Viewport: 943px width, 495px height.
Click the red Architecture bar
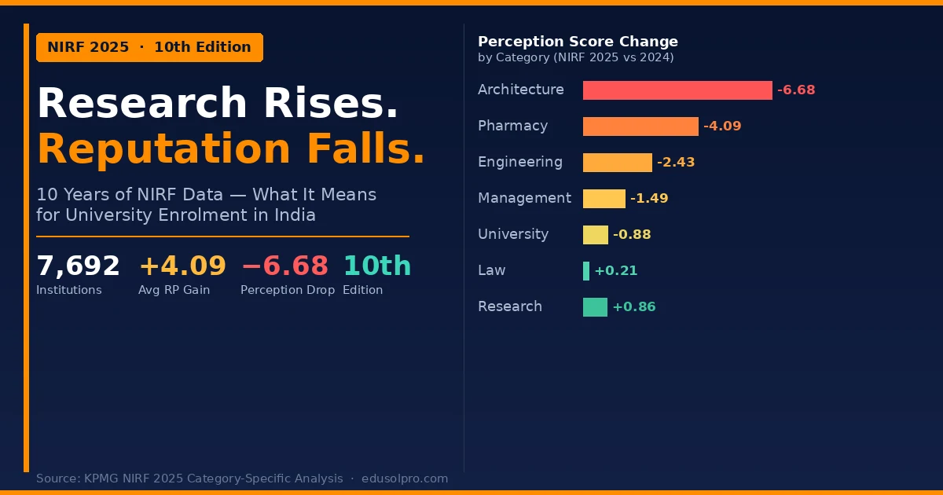coord(677,90)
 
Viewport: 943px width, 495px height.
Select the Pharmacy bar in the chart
coord(640,126)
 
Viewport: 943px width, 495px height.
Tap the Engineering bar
coord(617,163)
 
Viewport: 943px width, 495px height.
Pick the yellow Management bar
coord(604,199)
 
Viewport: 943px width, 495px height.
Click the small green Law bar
coord(586,271)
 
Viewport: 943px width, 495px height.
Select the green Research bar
coord(595,307)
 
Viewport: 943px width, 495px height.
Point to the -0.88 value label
coord(632,235)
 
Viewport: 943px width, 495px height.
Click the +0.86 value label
coord(633,307)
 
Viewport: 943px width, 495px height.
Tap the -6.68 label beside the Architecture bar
coord(796,90)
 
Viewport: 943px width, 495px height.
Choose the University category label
coord(513,234)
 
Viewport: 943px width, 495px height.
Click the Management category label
coord(524,198)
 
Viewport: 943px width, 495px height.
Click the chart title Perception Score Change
coord(578,42)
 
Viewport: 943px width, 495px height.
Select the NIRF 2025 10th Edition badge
coord(149,47)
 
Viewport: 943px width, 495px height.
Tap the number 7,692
coord(78,266)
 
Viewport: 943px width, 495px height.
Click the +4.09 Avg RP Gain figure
coord(182,266)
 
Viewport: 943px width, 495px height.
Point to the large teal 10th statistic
coord(377,266)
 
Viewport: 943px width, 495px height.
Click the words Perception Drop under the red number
coord(288,290)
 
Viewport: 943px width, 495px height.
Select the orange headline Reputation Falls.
coord(231,149)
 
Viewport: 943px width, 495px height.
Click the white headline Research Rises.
coord(218,104)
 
